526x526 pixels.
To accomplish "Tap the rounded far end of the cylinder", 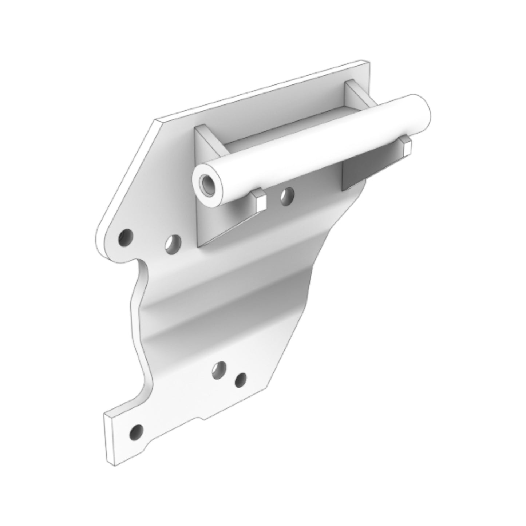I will point(422,112).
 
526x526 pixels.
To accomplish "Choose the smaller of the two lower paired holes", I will point(240,380).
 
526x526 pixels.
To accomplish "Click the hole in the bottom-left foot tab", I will point(137,432).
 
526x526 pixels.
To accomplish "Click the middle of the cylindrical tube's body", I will point(309,149).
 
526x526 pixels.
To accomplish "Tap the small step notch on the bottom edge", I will point(200,419).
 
